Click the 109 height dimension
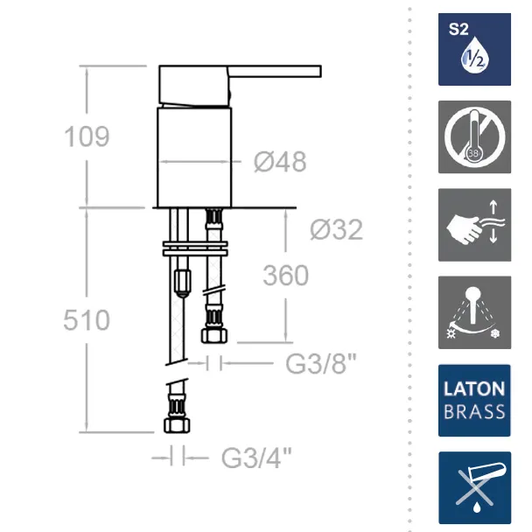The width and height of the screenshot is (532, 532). (87, 136)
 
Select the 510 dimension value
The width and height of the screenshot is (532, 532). (87, 320)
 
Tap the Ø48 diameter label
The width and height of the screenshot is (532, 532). (280, 162)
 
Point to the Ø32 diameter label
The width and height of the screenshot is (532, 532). (336, 229)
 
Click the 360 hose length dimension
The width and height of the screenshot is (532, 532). (285, 275)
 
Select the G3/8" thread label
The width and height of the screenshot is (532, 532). (321, 363)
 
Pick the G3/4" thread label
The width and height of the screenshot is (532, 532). (256, 458)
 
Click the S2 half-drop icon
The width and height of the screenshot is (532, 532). (474, 50)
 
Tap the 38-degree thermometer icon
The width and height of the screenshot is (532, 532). (474, 137)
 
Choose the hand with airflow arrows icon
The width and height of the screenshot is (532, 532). (474, 225)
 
